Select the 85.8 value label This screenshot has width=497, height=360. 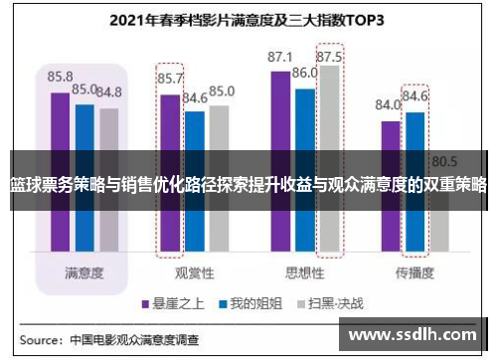click(60, 76)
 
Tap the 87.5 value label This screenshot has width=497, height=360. click(331, 57)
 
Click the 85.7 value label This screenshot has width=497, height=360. click(170, 78)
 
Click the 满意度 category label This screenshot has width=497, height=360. click(85, 244)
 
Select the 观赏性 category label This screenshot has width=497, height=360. click(194, 244)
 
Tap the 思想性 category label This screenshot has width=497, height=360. click(305, 244)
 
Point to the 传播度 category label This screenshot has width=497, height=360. click(414, 244)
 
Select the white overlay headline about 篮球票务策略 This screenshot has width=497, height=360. click(248, 185)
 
